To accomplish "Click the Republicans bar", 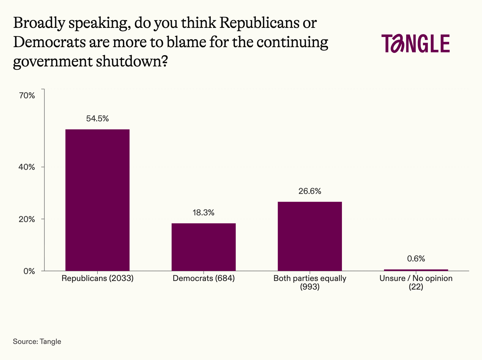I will pos(97,200).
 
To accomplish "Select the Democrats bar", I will pos(204,247).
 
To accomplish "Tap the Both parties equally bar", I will pos(310,236).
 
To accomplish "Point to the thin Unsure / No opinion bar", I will pos(416,270).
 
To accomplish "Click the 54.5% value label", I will pos(97,119).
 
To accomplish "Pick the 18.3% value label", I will pos(204,213).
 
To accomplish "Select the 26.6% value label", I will pos(310,191).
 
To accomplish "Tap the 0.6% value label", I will pos(416,259).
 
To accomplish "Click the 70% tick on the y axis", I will pos(27,96).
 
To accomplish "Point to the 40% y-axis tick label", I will pos(27,167).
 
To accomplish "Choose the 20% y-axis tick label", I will pos(27,219).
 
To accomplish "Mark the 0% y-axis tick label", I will pos(29,271).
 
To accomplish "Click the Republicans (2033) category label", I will pos(97,278).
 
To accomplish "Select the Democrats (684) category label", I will pos(204,278).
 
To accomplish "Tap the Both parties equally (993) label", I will pos(310,282).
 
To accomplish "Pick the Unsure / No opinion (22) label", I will pos(416,282).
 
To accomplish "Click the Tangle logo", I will pos(416,43).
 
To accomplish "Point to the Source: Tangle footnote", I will pos(37,342).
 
